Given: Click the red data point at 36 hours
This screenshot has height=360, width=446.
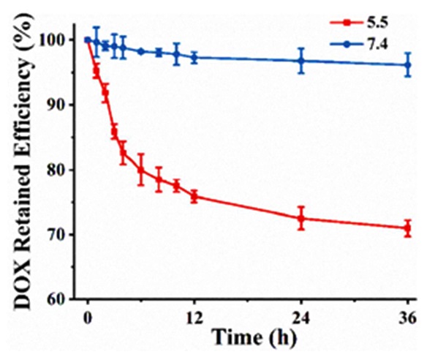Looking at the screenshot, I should (x=407, y=228).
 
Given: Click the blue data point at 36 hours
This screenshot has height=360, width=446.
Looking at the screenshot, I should (x=407, y=64).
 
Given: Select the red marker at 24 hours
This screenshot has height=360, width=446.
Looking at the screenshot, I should (x=301, y=218).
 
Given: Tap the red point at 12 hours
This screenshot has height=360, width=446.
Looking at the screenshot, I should (x=194, y=196).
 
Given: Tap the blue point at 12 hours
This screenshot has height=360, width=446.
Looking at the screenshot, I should (x=194, y=56).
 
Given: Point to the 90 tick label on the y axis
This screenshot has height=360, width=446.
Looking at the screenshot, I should (x=64, y=105).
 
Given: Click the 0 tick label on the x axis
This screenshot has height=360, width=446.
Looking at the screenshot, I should (x=88, y=318).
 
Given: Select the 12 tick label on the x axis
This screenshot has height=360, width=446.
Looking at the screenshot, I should (x=194, y=318).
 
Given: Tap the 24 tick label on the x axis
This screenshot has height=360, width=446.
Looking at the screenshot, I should (x=301, y=318).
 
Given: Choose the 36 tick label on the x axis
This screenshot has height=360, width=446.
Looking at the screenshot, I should (x=407, y=318).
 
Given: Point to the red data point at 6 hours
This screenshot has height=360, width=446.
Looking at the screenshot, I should (x=141, y=170).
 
